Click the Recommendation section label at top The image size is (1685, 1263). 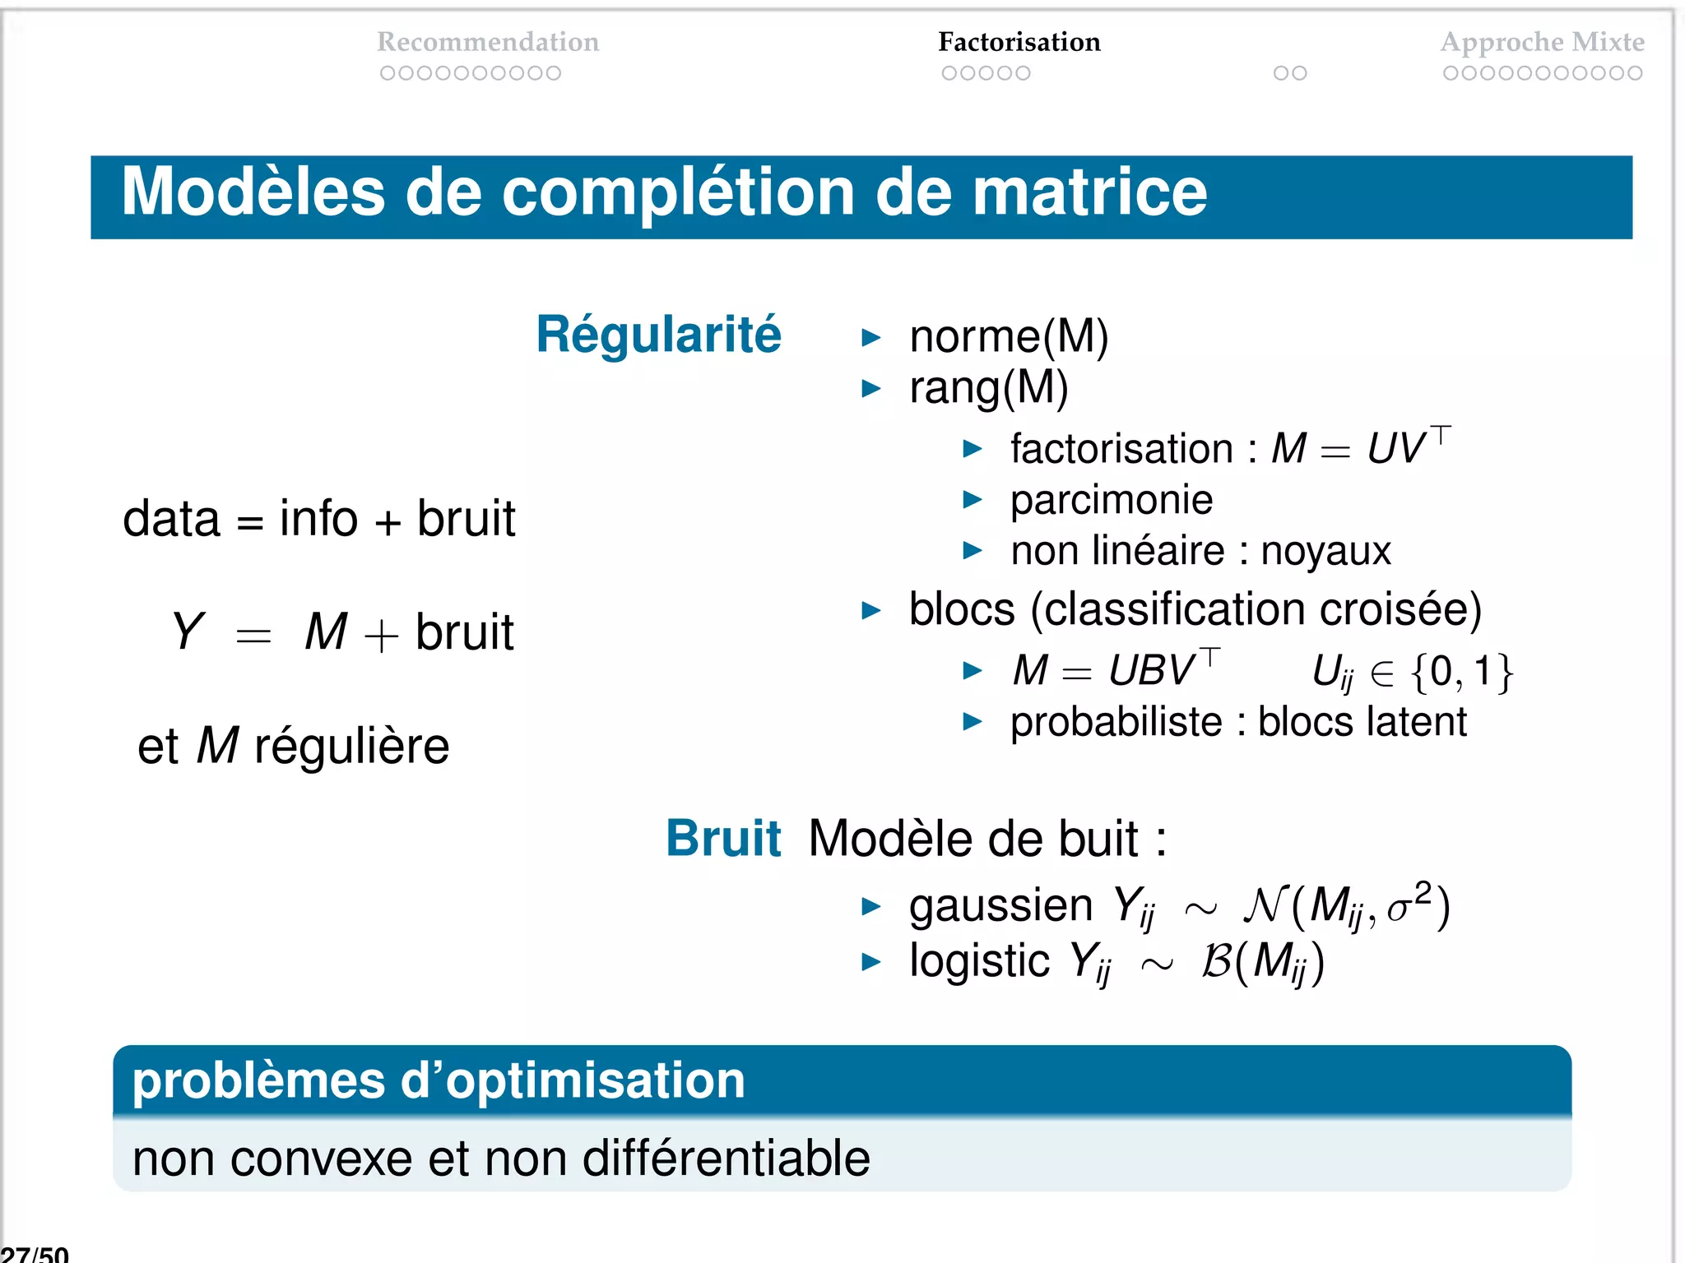point(488,41)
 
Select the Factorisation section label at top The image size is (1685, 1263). point(1019,41)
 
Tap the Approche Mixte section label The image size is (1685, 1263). point(1542,41)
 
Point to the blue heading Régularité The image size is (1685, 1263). point(658,335)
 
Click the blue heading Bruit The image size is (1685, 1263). point(722,839)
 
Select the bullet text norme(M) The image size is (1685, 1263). point(1009,336)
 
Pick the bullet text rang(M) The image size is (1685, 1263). point(988,387)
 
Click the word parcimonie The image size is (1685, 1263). point(1111,500)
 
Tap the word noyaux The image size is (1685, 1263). point(1325,551)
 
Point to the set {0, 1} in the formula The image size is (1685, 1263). point(1461,672)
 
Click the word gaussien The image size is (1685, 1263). point(1000,905)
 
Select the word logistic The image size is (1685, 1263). point(979,960)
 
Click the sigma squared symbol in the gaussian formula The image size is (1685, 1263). point(1409,904)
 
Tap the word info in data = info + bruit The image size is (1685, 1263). point(318,519)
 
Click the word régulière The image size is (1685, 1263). point(351,747)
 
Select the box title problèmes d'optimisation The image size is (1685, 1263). point(439,1080)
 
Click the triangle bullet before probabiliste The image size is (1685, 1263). point(972,722)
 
